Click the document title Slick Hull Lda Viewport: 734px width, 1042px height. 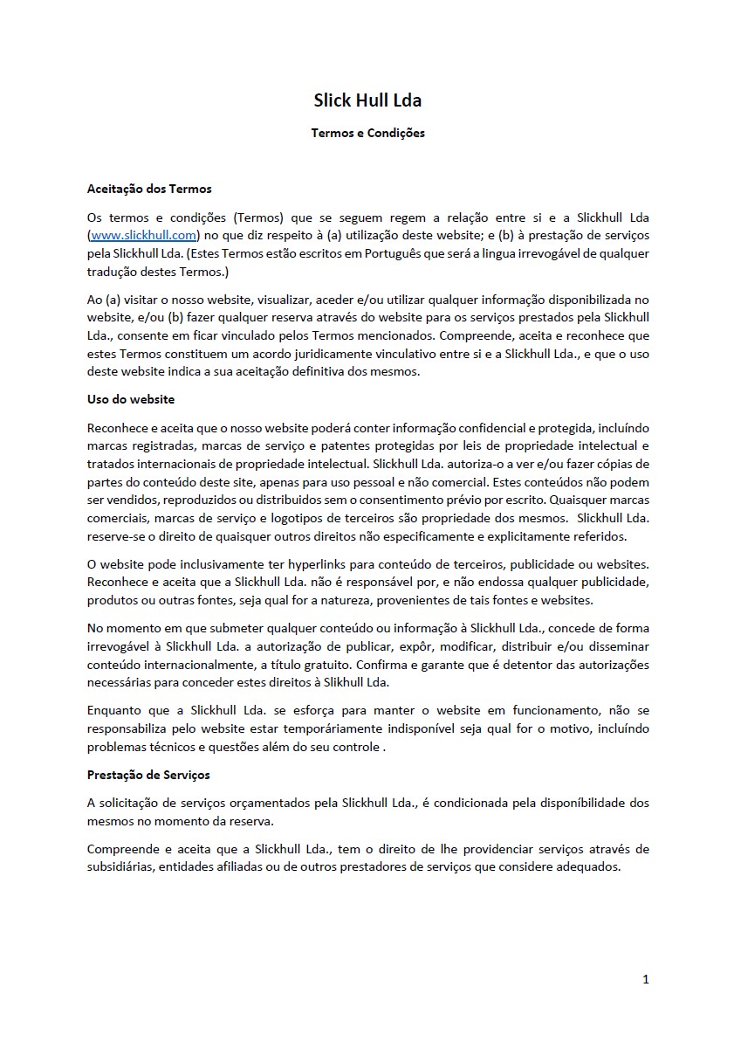click(x=367, y=100)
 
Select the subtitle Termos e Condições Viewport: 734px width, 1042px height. click(x=367, y=134)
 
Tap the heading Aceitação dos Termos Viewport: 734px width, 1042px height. click(x=149, y=188)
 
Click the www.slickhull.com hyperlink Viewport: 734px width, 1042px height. click(x=144, y=235)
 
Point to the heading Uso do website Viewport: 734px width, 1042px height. click(x=131, y=399)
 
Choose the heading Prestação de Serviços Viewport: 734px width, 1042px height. click(x=148, y=775)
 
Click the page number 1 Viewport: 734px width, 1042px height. click(x=645, y=979)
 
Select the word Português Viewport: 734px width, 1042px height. click(x=407, y=253)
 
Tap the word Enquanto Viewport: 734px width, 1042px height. click(x=114, y=710)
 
